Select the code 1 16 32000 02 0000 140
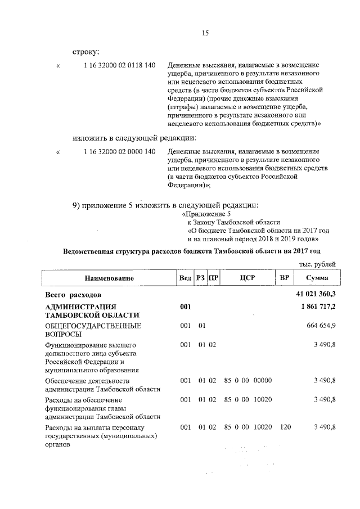tap(119, 152)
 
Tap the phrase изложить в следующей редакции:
tap(133, 137)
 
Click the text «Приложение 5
tap(206, 214)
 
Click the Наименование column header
tap(109, 278)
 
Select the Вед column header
tap(185, 278)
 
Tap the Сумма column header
tap(317, 278)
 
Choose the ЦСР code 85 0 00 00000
tap(248, 380)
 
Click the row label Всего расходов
tap(73, 295)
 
